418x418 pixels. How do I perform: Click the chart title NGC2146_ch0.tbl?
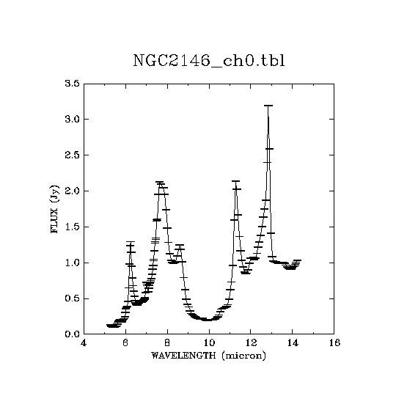pos(209,61)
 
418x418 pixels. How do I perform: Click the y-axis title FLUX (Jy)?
pos(54,209)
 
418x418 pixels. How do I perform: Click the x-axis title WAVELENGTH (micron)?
pos(209,356)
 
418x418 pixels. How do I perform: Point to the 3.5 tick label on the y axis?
pos(73,84)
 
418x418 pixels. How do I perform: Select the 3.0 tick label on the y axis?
pos(73,119)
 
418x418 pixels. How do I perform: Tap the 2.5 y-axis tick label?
pos(73,155)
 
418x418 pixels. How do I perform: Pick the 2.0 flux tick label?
pos(73,191)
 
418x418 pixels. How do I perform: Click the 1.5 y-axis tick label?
pos(73,227)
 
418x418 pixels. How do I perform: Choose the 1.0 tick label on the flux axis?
pos(73,263)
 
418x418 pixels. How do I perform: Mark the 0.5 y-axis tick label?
pos(73,298)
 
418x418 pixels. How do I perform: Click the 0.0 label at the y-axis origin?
pos(73,334)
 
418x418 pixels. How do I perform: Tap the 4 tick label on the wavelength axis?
pos(84,342)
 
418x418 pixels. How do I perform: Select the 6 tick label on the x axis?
pos(125,342)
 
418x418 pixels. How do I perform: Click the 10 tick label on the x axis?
pos(209,342)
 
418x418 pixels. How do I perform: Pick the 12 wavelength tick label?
pos(251,342)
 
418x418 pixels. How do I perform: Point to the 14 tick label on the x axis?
pos(293,342)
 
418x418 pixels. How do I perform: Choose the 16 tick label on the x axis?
pos(334,342)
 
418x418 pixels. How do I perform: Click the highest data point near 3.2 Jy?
pos(268,106)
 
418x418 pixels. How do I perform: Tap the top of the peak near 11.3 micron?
pos(235,181)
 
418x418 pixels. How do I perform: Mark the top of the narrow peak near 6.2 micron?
pos(131,242)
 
